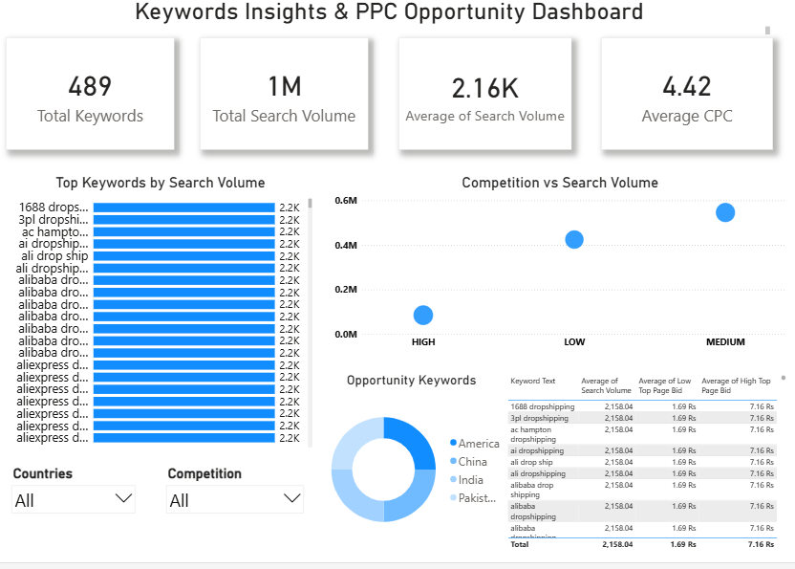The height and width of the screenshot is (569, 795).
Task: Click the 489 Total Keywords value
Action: pos(90,87)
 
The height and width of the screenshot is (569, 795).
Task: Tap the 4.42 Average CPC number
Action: pos(686,87)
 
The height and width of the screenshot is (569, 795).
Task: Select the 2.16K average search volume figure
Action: pos(484,89)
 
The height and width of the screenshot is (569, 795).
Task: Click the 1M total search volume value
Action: pos(284,87)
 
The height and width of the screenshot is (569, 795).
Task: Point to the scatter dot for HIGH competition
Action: pos(423,315)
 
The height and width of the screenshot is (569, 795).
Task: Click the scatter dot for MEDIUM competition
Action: pos(725,212)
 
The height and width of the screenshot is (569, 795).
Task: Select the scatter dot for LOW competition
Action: pos(574,239)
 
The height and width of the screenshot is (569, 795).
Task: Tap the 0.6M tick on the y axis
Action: pos(346,201)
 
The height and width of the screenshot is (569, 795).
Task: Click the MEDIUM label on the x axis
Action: pos(725,342)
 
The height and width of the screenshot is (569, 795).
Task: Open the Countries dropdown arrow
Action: pos(123,498)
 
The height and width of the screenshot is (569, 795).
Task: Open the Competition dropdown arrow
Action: pos(291,498)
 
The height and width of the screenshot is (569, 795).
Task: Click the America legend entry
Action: pos(479,444)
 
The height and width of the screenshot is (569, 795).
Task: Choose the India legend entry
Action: pos(470,480)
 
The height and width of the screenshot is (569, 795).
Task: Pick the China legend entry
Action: pos(472,462)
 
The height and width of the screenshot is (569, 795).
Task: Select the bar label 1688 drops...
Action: pos(54,207)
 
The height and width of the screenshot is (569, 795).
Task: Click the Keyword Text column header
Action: pos(532,381)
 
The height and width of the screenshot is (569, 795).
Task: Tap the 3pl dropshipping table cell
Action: pos(541,418)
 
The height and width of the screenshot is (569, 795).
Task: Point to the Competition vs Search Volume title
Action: pos(560,183)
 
